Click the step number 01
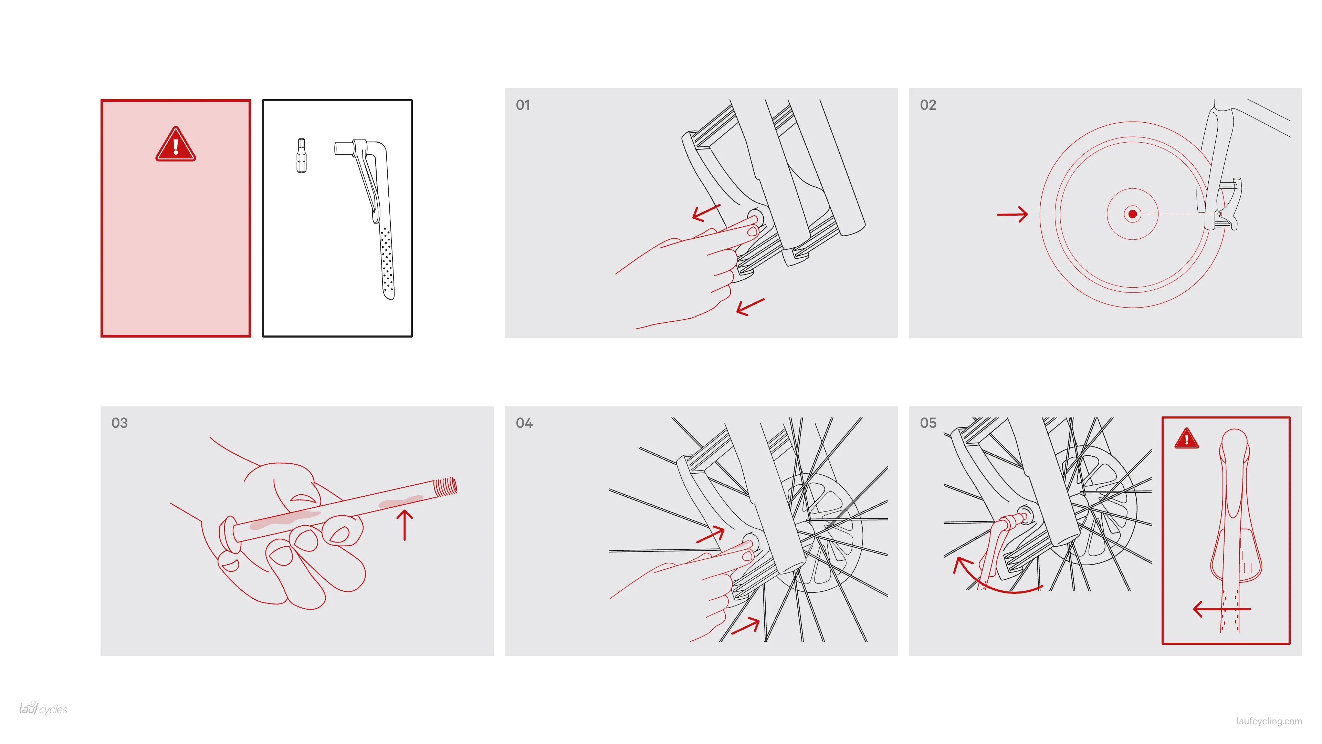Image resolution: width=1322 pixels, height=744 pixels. [x=523, y=105]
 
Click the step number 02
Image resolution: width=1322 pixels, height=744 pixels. [x=928, y=105]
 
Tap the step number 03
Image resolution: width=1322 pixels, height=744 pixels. [x=119, y=423]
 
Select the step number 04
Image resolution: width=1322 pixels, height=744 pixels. [x=524, y=423]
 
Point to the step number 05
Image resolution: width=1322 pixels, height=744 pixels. [x=928, y=423]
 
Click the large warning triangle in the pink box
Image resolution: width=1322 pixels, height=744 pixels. [x=176, y=144]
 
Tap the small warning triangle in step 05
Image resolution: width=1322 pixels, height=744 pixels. [x=1186, y=438]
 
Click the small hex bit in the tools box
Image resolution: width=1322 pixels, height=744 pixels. [x=301, y=156]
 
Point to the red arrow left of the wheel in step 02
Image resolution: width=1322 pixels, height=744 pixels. [x=1012, y=215]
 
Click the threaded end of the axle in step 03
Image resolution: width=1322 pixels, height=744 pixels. [x=445, y=487]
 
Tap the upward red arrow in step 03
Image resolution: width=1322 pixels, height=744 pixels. [x=405, y=525]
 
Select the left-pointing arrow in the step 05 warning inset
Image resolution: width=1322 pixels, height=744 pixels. [x=1221, y=609]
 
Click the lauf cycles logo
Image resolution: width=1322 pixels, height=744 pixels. [x=43, y=709]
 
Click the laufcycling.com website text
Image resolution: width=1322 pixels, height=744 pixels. [x=1269, y=721]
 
